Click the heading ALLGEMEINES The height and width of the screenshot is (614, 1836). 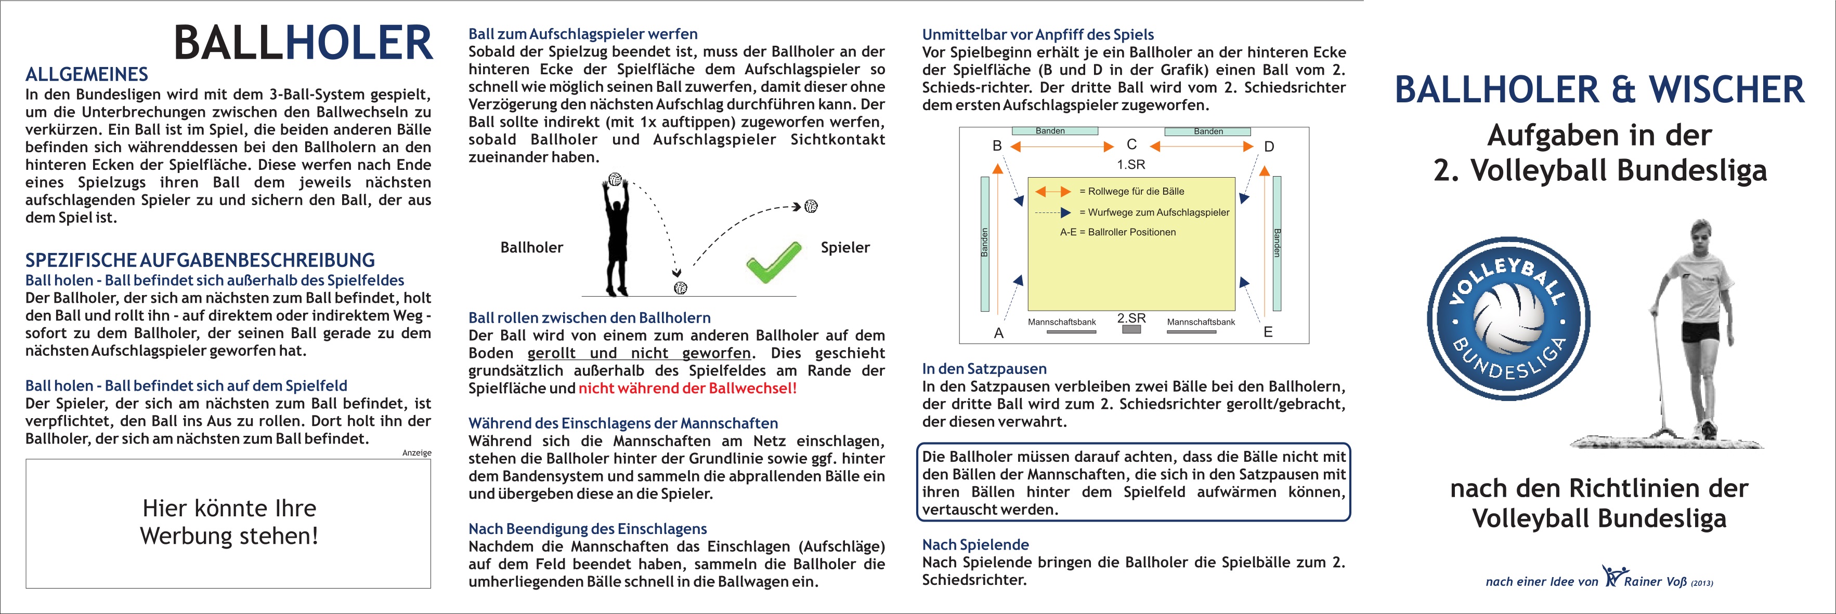pyautogui.click(x=86, y=74)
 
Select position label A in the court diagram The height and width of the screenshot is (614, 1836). pyautogui.click(x=998, y=332)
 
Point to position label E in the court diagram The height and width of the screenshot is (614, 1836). pyautogui.click(x=1267, y=332)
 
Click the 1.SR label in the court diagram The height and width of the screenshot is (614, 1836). pyautogui.click(x=1130, y=165)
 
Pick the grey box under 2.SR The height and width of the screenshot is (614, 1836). pyautogui.click(x=1131, y=330)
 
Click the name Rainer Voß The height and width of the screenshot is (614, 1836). pyautogui.click(x=1655, y=582)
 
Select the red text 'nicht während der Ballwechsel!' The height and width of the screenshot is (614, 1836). pyautogui.click(x=687, y=388)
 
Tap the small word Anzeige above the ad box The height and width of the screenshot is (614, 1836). pyautogui.click(x=417, y=453)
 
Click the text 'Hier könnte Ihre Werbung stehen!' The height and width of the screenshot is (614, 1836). pyautogui.click(x=229, y=522)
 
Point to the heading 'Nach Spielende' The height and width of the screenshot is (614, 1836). pyautogui.click(x=975, y=545)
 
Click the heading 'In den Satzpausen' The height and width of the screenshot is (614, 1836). pyautogui.click(x=984, y=369)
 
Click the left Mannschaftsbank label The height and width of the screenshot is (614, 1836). pyautogui.click(x=1061, y=322)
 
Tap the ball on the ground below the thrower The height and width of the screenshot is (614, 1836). pyautogui.click(x=680, y=288)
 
